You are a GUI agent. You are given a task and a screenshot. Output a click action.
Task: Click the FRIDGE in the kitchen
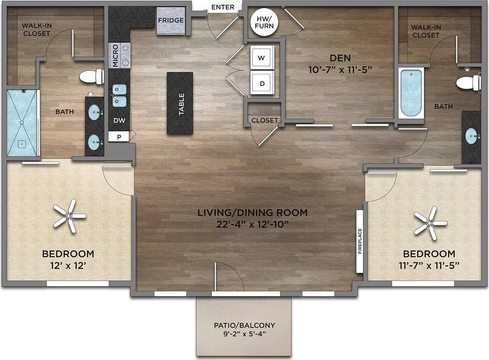tap(171, 21)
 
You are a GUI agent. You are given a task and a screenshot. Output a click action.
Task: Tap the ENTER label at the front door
tap(223, 7)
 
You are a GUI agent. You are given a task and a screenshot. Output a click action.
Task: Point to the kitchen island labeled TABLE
tap(180, 103)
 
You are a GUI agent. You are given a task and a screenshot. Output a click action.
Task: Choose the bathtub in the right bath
tap(410, 93)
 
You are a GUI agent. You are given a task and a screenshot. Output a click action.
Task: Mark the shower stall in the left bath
tap(22, 123)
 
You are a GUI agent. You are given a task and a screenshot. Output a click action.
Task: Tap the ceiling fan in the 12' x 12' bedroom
tap(69, 215)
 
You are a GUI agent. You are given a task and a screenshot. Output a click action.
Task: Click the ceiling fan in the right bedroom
tap(430, 223)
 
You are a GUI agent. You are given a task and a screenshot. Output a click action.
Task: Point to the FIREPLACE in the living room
tap(360, 241)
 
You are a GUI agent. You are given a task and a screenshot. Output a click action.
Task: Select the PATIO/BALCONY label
tap(244, 329)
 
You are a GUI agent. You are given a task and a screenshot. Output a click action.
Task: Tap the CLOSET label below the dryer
tap(264, 120)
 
